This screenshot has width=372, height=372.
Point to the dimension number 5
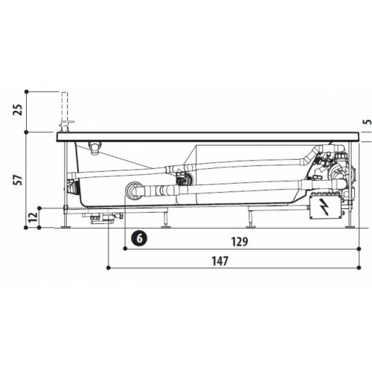(369, 122)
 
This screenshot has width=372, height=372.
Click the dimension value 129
(240, 242)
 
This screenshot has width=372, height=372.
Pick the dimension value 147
(219, 261)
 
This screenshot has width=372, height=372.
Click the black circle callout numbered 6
(139, 238)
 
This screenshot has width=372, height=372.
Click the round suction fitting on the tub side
(133, 190)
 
